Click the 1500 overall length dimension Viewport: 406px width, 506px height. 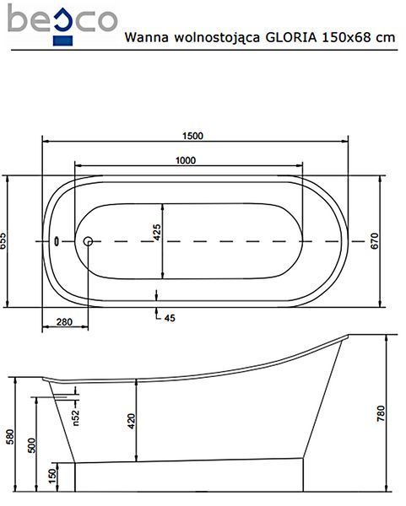[192, 136]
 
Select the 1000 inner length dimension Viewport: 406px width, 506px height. [186, 160]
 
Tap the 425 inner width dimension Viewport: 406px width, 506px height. [157, 233]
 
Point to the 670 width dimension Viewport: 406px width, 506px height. [374, 240]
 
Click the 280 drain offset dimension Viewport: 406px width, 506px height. [65, 322]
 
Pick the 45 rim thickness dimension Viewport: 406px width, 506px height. [170, 318]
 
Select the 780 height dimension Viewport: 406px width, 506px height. [382, 413]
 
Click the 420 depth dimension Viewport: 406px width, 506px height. [132, 421]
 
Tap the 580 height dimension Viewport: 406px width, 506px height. [10, 437]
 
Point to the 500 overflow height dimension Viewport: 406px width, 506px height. [32, 445]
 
